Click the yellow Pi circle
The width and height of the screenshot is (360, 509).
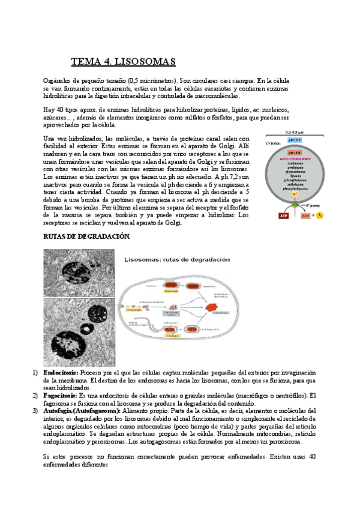click(319, 215)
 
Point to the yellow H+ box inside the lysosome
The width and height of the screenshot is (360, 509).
click(295, 194)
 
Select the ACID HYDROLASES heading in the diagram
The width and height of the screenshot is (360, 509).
click(295, 158)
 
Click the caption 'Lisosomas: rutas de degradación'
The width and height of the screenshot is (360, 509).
click(177, 260)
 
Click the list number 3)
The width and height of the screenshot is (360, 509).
click(34, 411)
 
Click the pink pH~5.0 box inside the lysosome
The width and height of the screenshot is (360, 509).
click(295, 152)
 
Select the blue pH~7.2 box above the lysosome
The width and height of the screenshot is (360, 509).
click(295, 139)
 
